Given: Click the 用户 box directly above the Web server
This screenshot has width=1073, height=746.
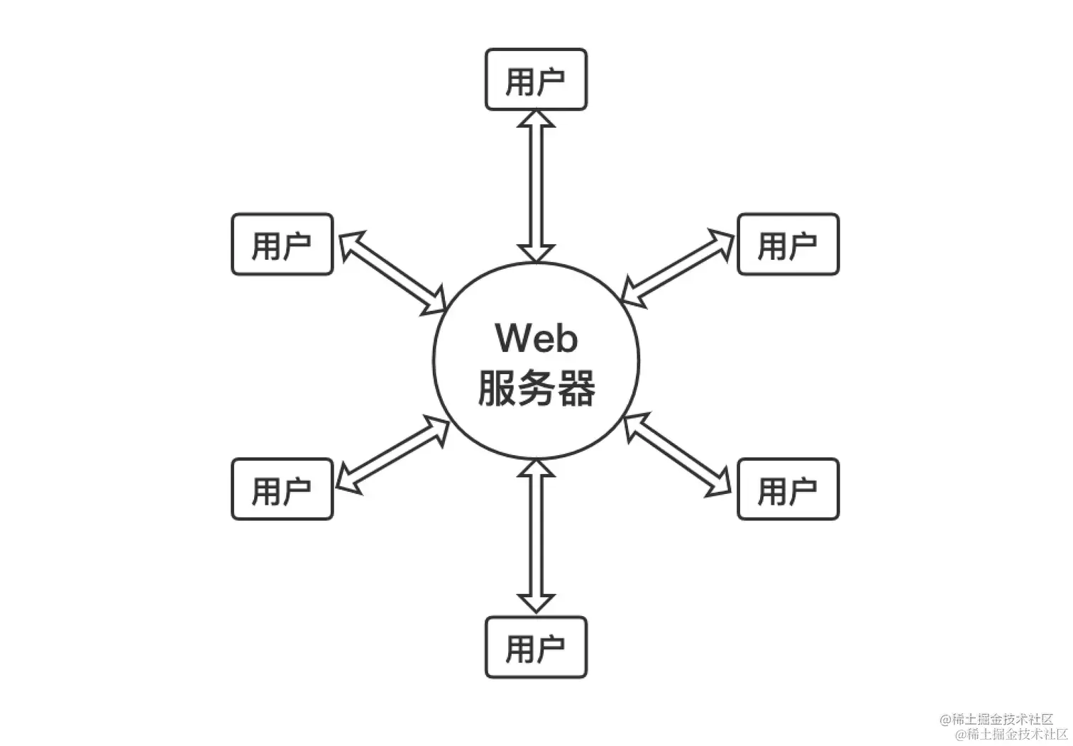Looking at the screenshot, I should (536, 79).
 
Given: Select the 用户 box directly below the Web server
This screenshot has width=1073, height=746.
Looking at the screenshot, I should (536, 647).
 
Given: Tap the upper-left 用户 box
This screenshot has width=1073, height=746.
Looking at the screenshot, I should (282, 244).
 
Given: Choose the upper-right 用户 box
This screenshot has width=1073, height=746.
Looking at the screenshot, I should (788, 244).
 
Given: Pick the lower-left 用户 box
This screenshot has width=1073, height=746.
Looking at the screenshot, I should (282, 489).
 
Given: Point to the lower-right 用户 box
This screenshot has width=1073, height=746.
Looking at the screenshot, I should (788, 489).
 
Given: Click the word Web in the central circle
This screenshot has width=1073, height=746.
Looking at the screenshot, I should (536, 338).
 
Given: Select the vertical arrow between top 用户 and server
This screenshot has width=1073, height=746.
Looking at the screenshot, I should (536, 186).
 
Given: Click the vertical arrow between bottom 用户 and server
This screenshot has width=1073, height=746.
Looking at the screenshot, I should (536, 536).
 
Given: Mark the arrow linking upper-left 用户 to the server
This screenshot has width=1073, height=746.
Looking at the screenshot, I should (392, 273).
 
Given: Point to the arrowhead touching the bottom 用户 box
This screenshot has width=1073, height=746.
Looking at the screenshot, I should (536, 603).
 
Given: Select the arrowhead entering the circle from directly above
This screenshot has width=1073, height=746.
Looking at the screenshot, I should (536, 253).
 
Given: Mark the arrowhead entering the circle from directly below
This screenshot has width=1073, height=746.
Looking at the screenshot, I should (536, 468).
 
